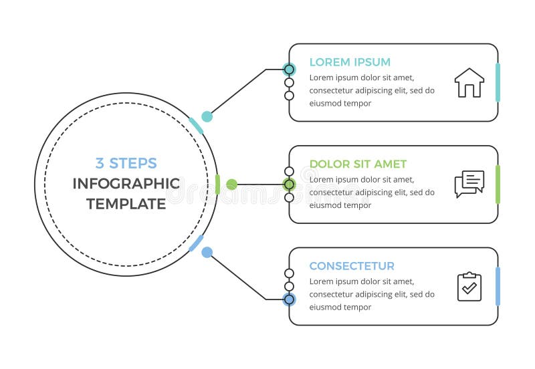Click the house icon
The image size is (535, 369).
[469, 83]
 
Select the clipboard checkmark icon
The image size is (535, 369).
[469, 286]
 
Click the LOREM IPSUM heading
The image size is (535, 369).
[350, 62]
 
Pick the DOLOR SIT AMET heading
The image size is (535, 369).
[358, 164]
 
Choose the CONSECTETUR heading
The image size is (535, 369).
[352, 266]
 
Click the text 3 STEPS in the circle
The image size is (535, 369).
[126, 163]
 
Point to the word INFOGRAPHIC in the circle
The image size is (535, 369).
[126, 184]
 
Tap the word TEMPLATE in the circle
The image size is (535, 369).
[126, 204]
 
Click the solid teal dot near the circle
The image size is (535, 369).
[207, 116]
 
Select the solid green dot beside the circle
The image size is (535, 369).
[231, 184]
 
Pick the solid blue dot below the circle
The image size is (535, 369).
[207, 253]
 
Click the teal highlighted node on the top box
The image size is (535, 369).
[289, 70]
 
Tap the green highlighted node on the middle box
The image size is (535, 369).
[289, 184]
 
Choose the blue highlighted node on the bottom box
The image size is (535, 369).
[289, 299]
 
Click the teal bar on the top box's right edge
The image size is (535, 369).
[498, 83]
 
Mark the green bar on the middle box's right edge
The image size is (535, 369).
[498, 184]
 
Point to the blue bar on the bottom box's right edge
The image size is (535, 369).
[498, 286]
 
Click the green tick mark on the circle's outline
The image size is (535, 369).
[218, 184]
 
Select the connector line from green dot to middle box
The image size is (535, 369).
[261, 184]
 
